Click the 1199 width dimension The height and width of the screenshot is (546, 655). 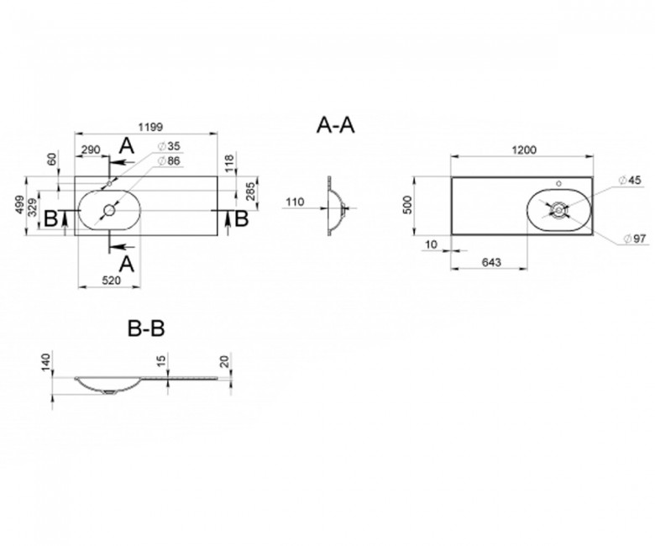[150, 126]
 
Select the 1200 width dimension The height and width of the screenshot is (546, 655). [524, 150]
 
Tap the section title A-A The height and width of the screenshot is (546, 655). [335, 125]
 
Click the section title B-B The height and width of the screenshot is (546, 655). [146, 328]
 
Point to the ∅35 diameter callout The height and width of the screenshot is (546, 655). [169, 146]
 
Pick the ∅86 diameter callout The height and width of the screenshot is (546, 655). [169, 160]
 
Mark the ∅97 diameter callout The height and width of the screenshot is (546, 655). [635, 239]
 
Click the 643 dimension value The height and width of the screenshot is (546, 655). [491, 262]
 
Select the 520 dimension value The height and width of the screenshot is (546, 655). [111, 280]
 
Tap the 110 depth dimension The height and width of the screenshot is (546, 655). [295, 202]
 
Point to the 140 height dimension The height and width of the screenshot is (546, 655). [46, 362]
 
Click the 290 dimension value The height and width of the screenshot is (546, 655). [91, 150]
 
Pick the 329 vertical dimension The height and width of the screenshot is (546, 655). [33, 207]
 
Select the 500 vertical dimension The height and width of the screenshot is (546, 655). [408, 205]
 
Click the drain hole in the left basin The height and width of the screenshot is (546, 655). [110, 210]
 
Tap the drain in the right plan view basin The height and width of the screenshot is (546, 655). [558, 209]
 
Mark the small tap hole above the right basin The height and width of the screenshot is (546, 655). [559, 183]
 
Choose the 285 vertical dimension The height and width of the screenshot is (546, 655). [250, 192]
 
